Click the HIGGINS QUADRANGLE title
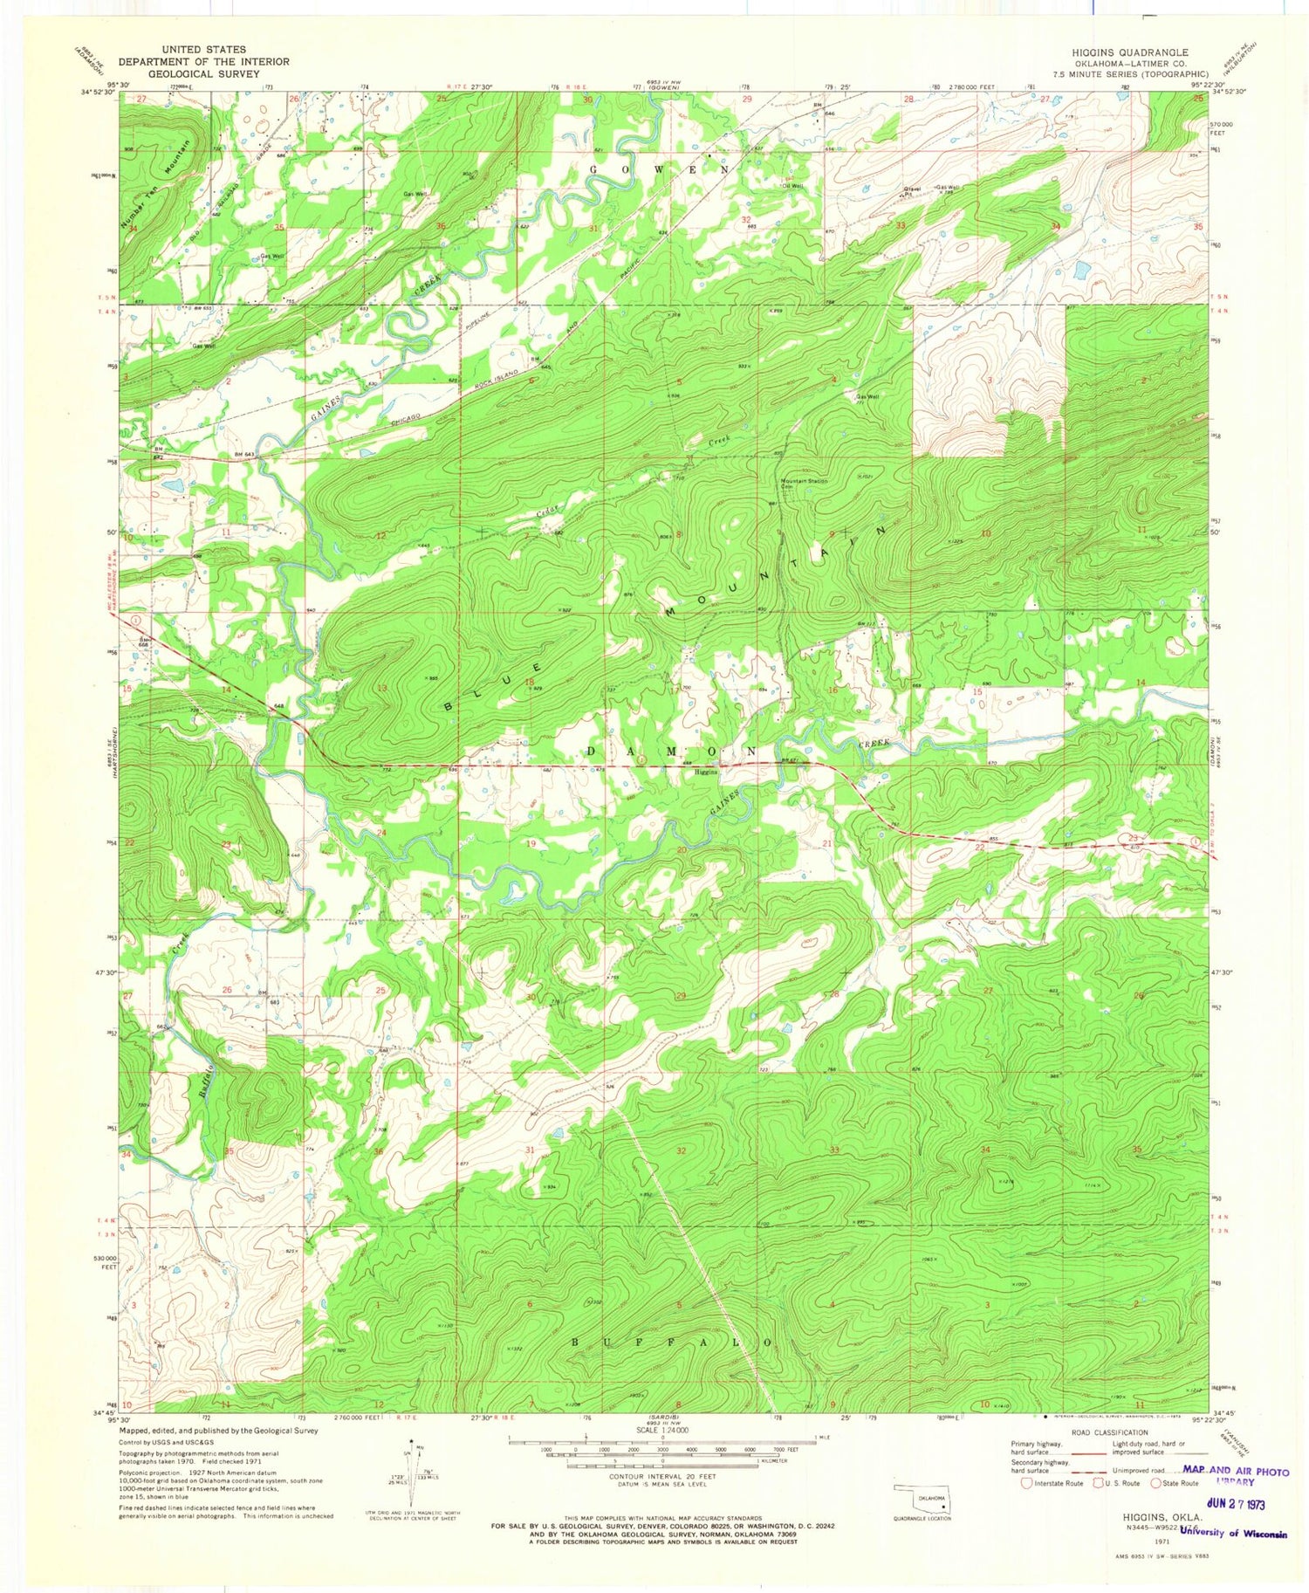click(x=1129, y=52)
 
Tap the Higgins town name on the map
click(x=705, y=772)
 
